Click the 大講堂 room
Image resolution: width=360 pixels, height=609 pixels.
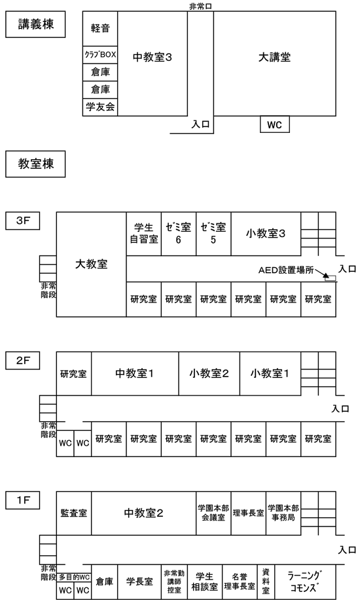pyautogui.click(x=274, y=64)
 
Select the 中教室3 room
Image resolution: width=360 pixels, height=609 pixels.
pyautogui.click(x=153, y=64)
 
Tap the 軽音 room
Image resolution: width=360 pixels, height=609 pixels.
pyautogui.click(x=100, y=29)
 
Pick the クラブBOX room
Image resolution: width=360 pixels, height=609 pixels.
pyautogui.click(x=100, y=55)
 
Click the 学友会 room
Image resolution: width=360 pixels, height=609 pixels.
pyautogui.click(x=100, y=107)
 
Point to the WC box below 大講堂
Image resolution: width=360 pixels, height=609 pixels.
pyautogui.click(x=274, y=124)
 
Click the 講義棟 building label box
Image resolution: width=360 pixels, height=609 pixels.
pyautogui.click(x=35, y=24)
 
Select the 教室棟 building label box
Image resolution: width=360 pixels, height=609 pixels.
pyautogui.click(x=35, y=164)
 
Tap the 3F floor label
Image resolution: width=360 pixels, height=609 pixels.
pyautogui.click(x=22, y=221)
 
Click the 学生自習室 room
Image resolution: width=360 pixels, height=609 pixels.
pyautogui.click(x=144, y=234)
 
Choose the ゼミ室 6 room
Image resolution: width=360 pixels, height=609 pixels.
pyautogui.click(x=179, y=234)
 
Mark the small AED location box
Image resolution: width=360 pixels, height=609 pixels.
pyautogui.click(x=330, y=278)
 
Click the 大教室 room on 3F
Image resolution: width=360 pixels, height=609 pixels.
pyautogui.click(x=91, y=265)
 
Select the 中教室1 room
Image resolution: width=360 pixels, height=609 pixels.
pyautogui.click(x=135, y=374)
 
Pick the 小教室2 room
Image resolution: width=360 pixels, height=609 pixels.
pyautogui.click(x=209, y=374)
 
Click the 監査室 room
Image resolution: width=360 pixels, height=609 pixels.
pyautogui.click(x=74, y=513)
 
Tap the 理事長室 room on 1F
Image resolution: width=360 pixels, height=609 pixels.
pyautogui.click(x=249, y=513)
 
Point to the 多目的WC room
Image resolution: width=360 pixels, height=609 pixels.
pyautogui.click(x=74, y=577)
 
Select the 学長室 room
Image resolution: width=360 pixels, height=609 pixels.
pyautogui.click(x=139, y=581)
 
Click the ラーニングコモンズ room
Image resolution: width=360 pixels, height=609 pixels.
pyautogui.click(x=305, y=581)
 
